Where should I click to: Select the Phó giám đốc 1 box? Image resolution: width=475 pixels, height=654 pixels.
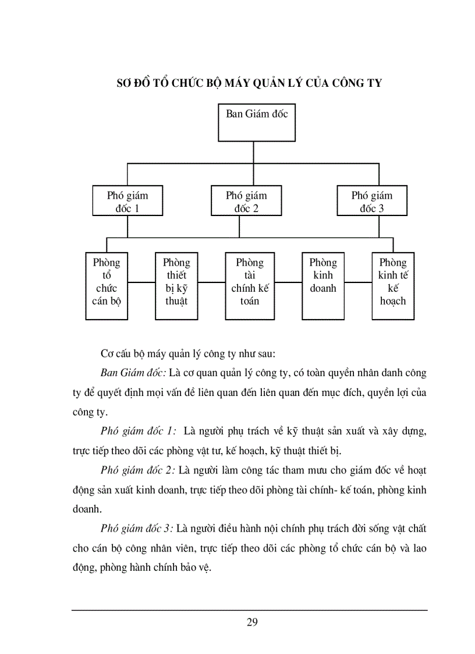point(127,201)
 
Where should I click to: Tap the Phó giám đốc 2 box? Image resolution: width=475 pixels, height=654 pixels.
point(246,201)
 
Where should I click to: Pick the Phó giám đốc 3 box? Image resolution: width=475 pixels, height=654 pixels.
point(372,201)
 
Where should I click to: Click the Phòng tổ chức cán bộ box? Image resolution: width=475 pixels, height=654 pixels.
point(107,285)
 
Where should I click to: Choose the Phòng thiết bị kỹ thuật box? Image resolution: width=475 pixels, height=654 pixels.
point(176,285)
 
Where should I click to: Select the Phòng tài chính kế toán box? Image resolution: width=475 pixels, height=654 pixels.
point(250,285)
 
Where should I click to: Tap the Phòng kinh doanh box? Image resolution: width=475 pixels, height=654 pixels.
point(323,285)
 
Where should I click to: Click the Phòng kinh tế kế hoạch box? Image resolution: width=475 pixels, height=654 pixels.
point(393,285)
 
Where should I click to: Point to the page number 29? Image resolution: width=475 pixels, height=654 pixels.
point(252,622)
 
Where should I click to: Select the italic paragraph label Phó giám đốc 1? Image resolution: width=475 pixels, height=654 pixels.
point(139,431)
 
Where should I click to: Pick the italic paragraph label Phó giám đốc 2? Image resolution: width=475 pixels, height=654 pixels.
point(137,470)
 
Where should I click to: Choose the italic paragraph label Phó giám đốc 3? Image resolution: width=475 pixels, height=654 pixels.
point(137,528)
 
